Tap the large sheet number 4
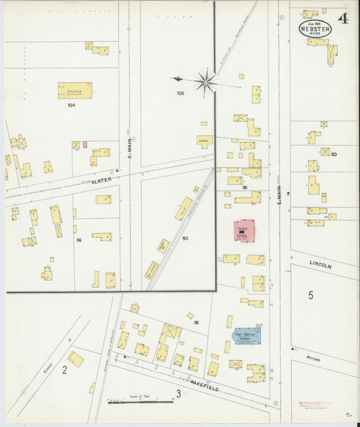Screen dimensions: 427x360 (x=343, y=18)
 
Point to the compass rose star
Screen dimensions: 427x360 (x=206, y=81)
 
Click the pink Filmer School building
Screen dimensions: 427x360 (x=245, y=230)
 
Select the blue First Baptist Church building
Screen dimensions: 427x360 (x=247, y=336)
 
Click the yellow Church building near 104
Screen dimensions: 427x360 (x=74, y=91)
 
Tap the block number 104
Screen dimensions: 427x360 (x=71, y=105)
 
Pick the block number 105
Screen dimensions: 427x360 (x=180, y=93)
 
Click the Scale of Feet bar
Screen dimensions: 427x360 (x=140, y=401)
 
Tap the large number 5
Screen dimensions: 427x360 (x=311, y=295)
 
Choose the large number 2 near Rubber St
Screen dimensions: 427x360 (x=65, y=370)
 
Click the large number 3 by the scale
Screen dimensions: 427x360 (x=178, y=393)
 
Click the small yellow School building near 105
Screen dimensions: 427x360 (x=205, y=141)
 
